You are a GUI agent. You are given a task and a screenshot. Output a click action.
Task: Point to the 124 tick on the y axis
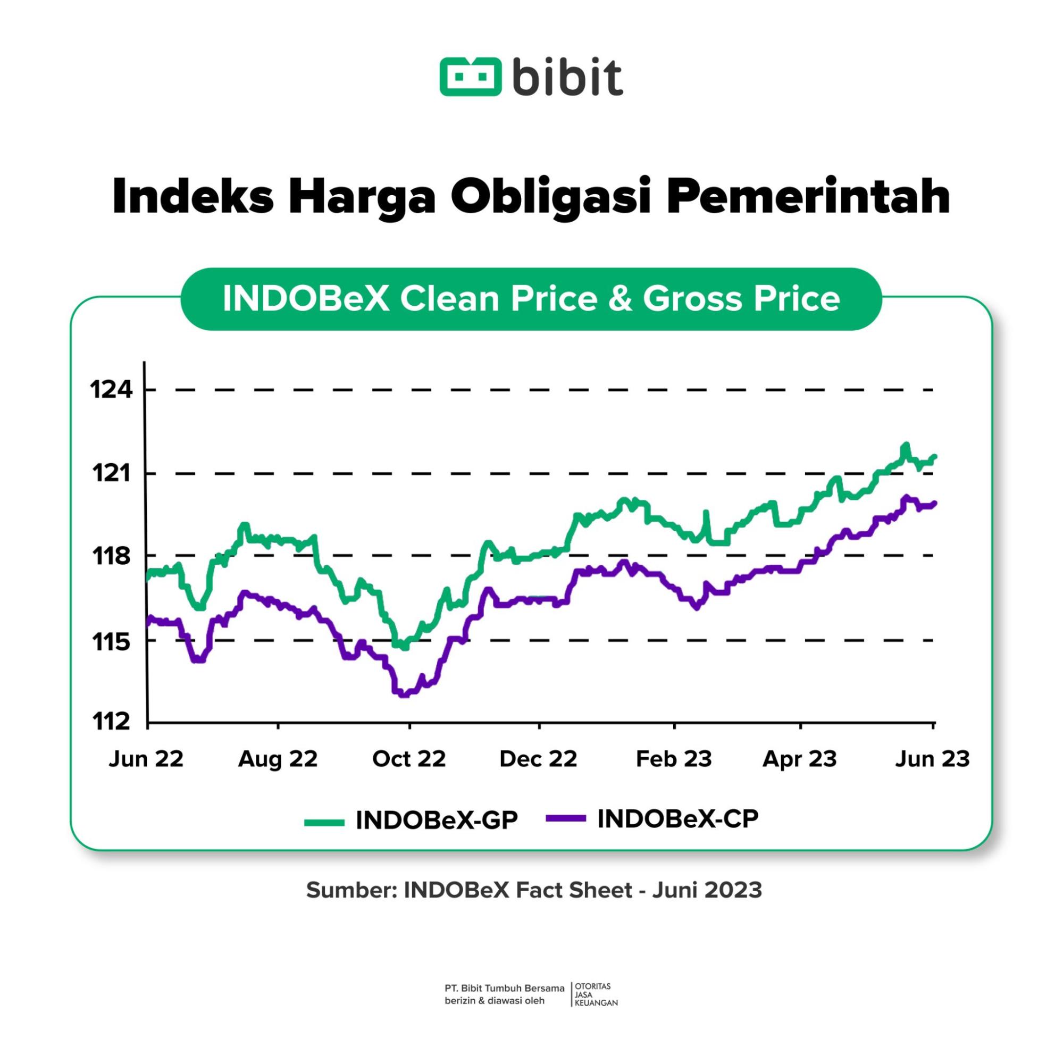tap(112, 390)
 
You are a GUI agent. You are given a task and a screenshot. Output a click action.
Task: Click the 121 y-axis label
tap(112, 473)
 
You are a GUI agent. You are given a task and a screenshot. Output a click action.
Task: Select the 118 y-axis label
tap(112, 556)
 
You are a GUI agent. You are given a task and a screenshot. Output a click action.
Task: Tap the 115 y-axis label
tap(112, 641)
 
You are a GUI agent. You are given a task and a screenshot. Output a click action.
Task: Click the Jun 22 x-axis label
tap(146, 759)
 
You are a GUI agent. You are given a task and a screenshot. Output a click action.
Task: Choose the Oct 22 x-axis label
tap(409, 759)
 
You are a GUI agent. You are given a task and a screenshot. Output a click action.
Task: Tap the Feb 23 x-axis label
tap(673, 759)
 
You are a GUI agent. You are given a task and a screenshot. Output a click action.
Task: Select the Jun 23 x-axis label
tap(933, 759)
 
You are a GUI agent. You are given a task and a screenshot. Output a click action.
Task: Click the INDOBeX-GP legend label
tap(437, 821)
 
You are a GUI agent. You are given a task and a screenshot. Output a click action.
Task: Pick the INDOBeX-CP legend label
tap(678, 819)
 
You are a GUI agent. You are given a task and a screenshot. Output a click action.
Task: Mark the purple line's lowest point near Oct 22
tap(404, 695)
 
